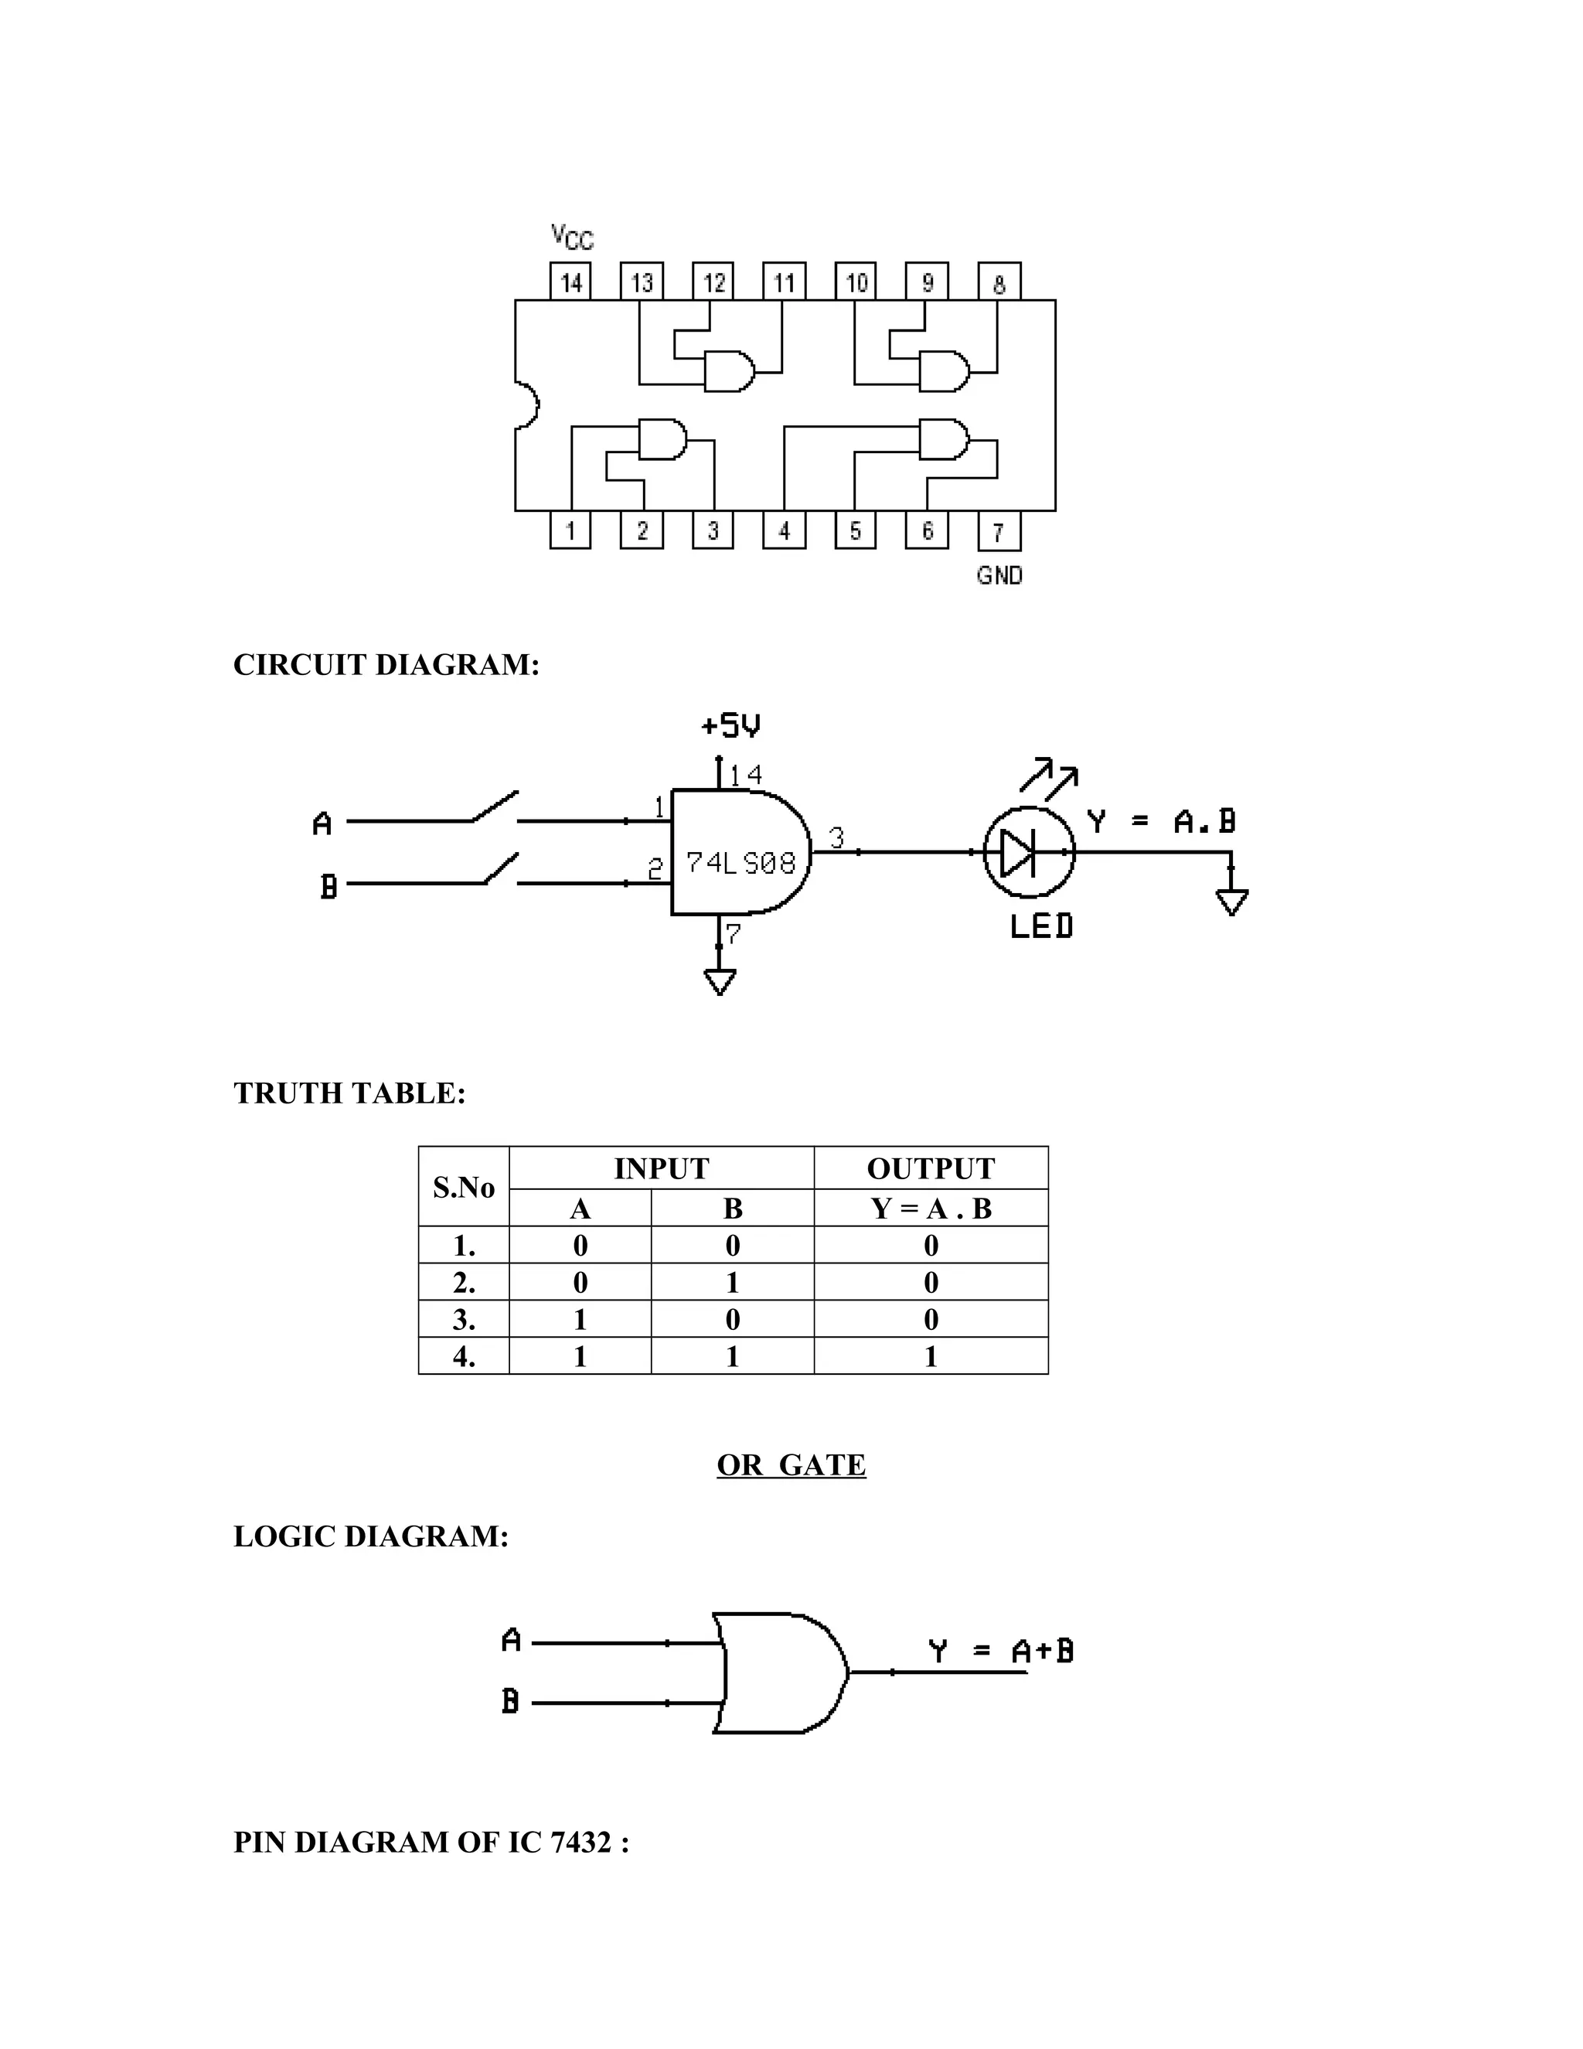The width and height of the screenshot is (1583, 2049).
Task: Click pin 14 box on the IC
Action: pos(570,281)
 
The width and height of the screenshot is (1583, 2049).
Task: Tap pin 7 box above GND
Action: pos(999,532)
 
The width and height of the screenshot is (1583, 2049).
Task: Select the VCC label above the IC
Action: pos(572,237)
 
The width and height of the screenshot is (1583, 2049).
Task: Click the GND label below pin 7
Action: pos(999,575)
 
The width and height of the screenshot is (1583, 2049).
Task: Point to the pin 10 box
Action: pos(856,281)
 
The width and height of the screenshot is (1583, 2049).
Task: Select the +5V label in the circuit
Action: pos(730,725)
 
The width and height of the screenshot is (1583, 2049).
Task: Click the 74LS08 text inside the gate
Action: pos(740,862)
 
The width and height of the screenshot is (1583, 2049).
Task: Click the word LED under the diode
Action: pos(1041,927)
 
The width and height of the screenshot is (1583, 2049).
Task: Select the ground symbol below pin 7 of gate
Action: pos(720,980)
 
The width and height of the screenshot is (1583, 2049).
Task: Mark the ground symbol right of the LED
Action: pos(1231,902)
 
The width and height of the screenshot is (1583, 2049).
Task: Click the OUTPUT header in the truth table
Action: pos(931,1168)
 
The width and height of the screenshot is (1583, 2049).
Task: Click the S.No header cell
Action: pos(463,1188)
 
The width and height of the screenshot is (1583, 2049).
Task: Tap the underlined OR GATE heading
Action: pos(791,1465)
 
